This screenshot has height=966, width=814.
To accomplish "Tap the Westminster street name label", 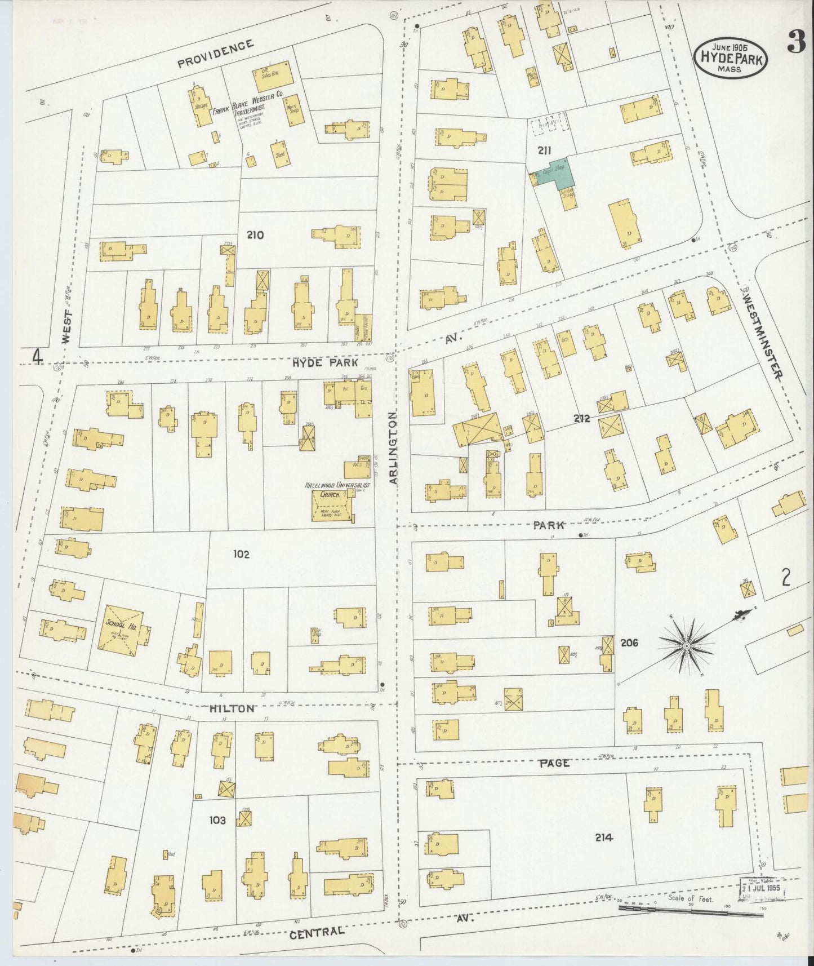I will [764, 334].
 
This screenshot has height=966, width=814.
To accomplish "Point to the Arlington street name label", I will [393, 447].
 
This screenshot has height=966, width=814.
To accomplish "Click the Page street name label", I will [555, 763].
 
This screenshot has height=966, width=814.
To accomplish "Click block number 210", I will [255, 235].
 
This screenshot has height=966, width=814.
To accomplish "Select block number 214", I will [603, 838].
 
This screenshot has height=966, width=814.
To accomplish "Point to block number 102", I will [241, 554].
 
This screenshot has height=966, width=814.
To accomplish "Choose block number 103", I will [217, 820].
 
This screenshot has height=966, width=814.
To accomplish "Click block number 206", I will [629, 642].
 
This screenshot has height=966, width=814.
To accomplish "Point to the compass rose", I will [687, 644].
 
